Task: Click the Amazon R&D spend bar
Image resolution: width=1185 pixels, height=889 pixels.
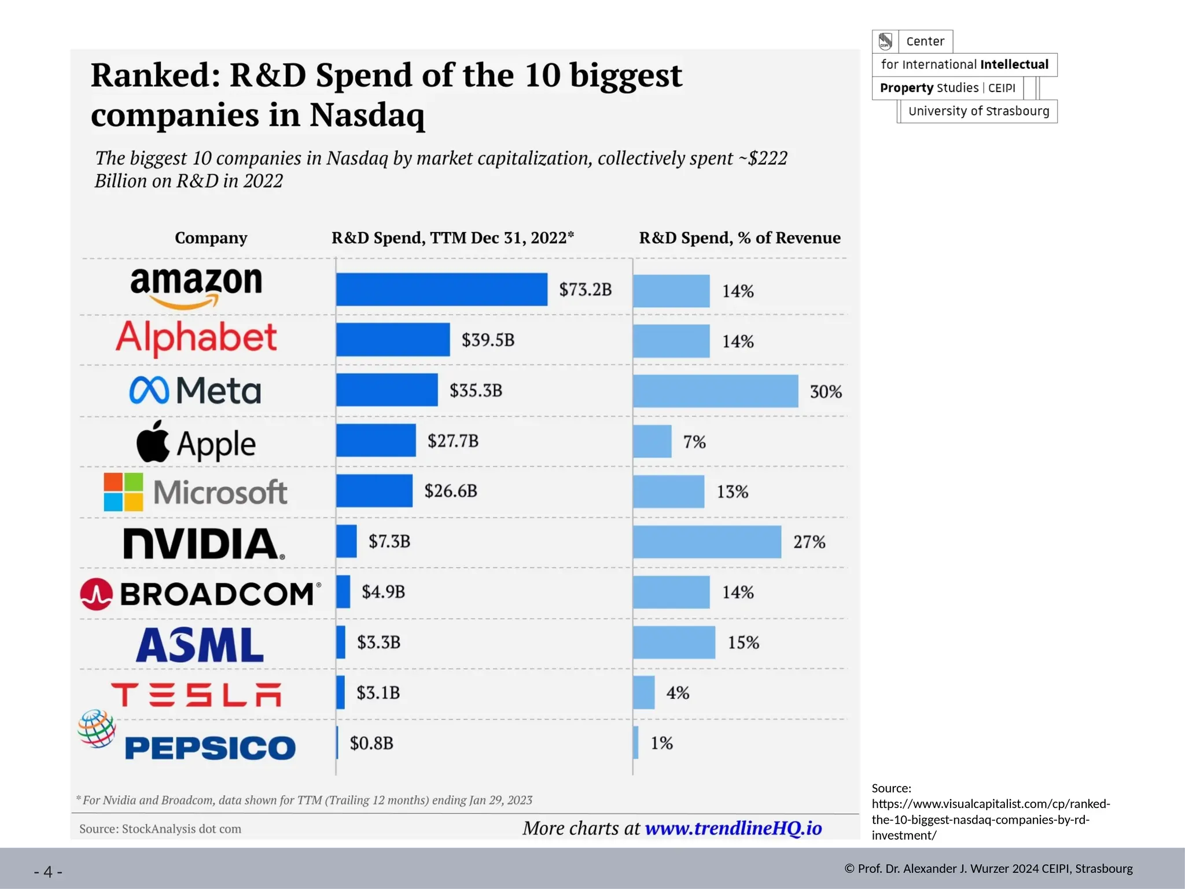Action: tap(441, 289)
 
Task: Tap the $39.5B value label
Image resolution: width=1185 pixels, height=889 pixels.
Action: tap(488, 340)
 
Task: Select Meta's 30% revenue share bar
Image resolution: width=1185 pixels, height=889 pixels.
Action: tap(715, 391)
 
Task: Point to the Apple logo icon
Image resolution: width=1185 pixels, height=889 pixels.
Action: tap(153, 442)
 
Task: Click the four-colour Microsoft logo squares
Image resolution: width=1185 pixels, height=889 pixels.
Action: tap(123, 492)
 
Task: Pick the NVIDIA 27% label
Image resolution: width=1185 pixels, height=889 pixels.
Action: tap(809, 542)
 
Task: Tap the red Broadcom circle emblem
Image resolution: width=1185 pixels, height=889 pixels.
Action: tap(96, 594)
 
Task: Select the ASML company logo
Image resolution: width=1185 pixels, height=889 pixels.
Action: tap(200, 645)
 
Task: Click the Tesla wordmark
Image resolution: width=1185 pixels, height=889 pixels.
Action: tap(196, 695)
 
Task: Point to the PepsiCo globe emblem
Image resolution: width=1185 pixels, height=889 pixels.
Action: tap(97, 728)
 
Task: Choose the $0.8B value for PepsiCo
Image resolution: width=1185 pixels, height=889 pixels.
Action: tap(371, 743)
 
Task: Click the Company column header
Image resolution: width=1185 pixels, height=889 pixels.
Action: tap(211, 238)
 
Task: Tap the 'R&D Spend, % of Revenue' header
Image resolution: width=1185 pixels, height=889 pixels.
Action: tap(739, 238)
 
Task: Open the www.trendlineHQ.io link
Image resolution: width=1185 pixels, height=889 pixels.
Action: tap(733, 828)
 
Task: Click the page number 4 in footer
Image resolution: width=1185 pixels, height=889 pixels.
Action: tap(48, 871)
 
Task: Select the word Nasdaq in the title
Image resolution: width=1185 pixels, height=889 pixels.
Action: tap(367, 115)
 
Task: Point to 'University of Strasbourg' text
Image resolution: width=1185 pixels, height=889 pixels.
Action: tap(978, 111)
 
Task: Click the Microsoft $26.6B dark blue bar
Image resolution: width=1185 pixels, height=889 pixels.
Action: tap(374, 491)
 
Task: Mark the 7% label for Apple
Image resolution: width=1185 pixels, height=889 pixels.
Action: tap(694, 442)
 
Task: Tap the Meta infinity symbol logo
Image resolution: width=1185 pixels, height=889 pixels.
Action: tap(149, 390)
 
